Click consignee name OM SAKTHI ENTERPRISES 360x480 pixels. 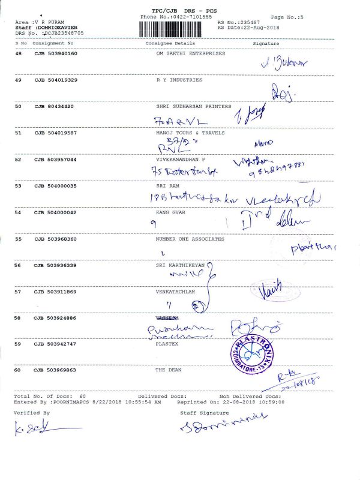pyautogui.click(x=190, y=53)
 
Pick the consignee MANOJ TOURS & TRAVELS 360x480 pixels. pyautogui.click(x=190, y=133)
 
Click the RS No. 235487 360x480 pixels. pyautogui.click(x=239, y=22)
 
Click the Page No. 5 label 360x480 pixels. pyautogui.click(x=287, y=18)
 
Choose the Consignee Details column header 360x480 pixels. pyautogui.click(x=170, y=44)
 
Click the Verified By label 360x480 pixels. pyautogui.click(x=32, y=413)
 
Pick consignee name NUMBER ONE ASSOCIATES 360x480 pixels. pyautogui.click(x=190, y=239)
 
